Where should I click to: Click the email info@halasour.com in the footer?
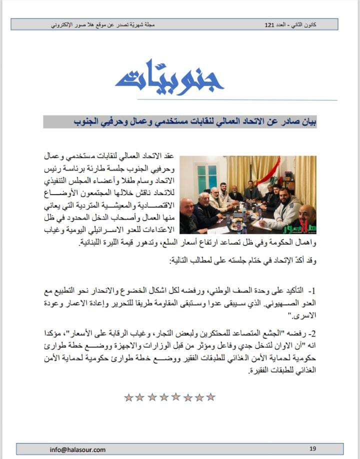click(77, 449)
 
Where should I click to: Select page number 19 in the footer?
click(313, 448)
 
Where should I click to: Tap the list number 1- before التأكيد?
click(313, 290)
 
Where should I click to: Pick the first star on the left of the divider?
click(128, 397)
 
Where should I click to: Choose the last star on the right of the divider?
click(211, 397)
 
